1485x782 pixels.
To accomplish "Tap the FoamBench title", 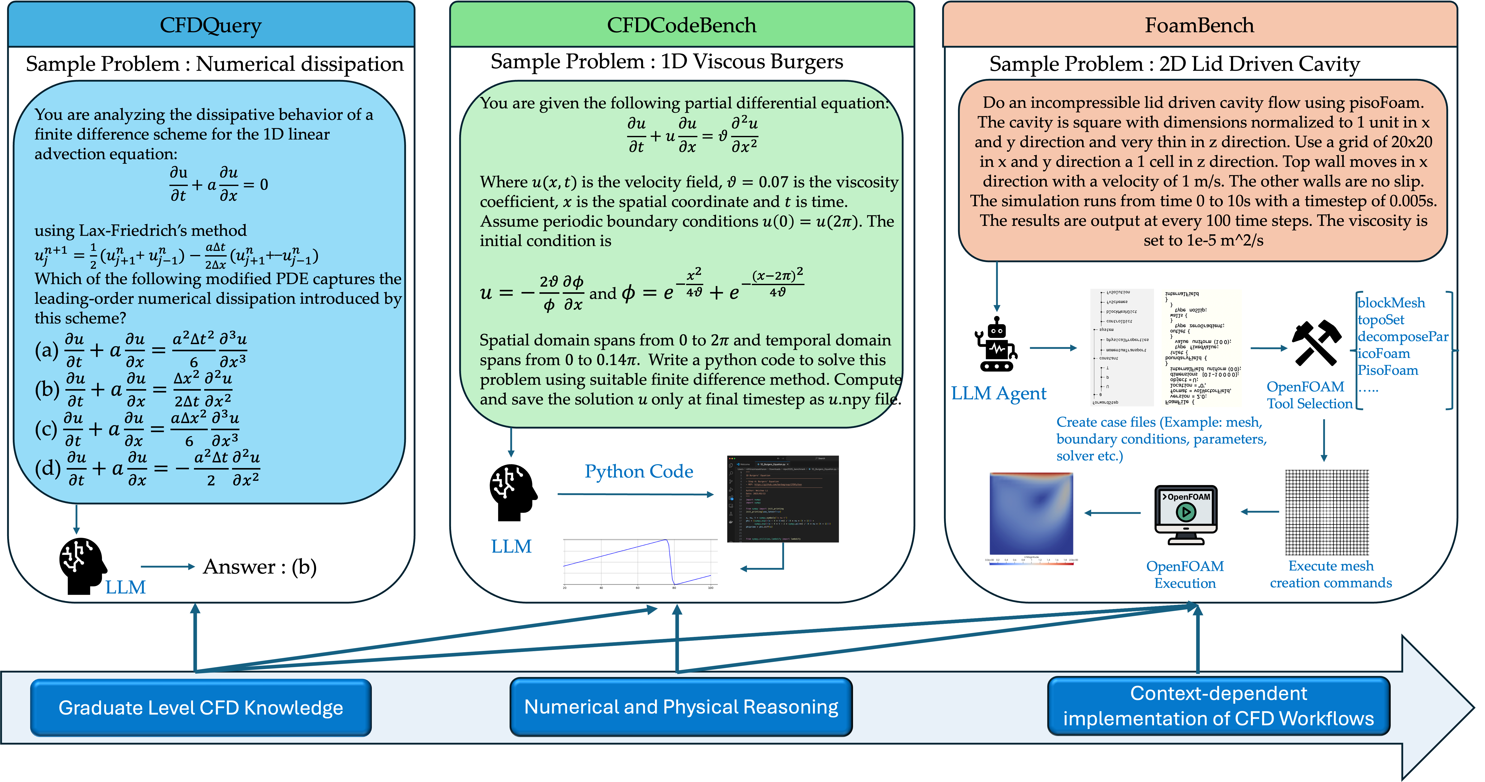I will click(1199, 25).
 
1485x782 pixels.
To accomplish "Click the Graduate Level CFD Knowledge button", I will click(201, 708).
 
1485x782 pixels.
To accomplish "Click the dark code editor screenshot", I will click(783, 499).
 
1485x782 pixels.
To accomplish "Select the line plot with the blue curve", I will click(640, 564).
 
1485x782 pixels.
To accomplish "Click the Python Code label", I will click(639, 471).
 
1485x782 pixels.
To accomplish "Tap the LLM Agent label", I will click(998, 394).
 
